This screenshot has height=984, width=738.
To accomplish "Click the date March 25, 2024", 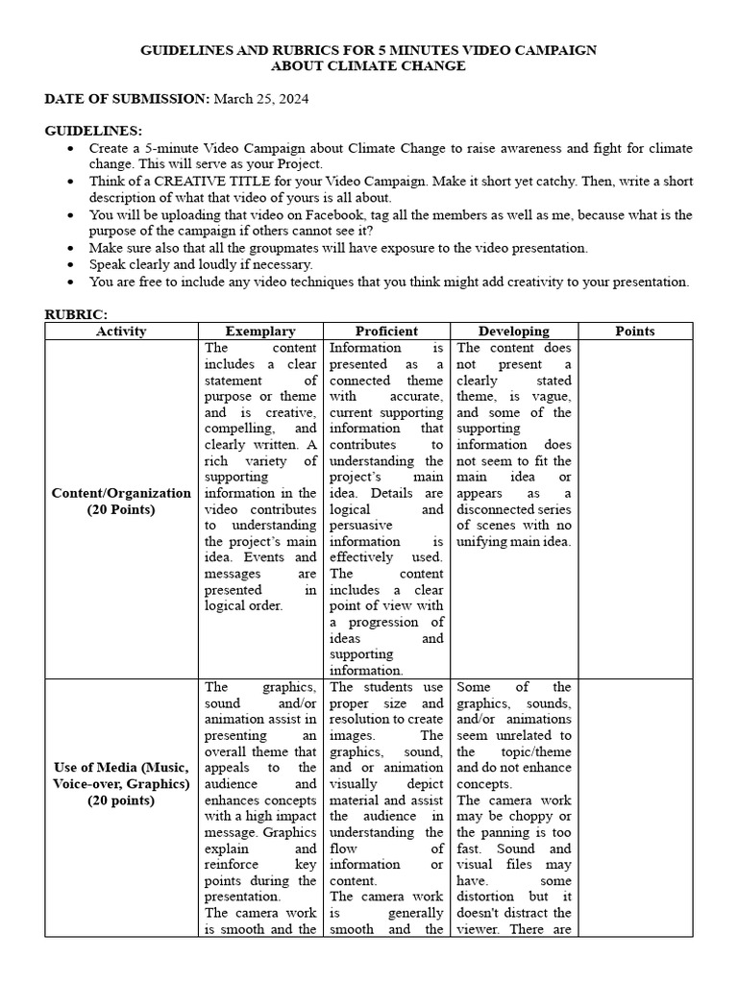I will click(260, 99).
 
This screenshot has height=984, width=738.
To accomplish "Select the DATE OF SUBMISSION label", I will click(127, 99).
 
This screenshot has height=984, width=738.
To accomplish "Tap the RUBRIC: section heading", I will click(77, 314).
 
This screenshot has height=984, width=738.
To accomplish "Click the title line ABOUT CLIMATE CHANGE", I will click(368, 66).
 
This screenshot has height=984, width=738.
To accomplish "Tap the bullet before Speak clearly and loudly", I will click(73, 264).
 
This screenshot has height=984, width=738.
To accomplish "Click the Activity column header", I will click(122, 332).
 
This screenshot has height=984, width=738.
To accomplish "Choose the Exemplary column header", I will click(260, 332).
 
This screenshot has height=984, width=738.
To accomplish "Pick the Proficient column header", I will click(386, 332).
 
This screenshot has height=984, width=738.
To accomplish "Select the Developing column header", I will click(514, 332).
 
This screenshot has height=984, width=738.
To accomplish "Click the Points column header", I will click(634, 332).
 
